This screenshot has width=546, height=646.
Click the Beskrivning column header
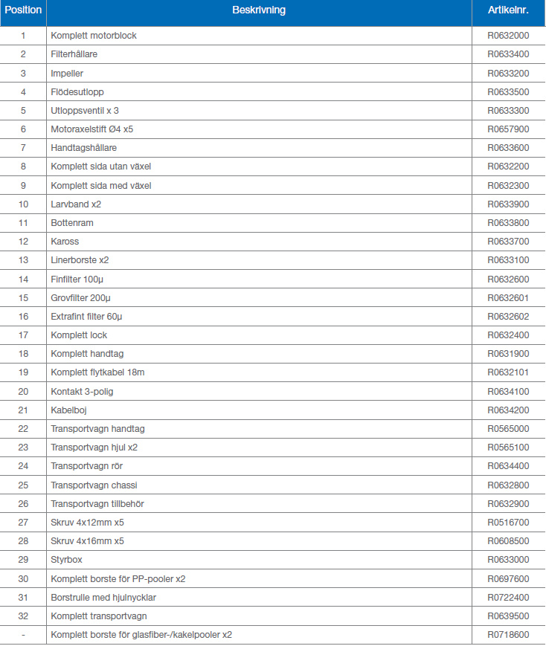coord(258,10)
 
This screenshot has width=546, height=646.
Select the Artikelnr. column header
coord(508,10)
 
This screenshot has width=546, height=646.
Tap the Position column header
coord(23,10)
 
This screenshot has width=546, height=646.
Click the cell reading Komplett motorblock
coord(94,36)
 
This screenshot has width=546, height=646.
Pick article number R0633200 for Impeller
coord(508,73)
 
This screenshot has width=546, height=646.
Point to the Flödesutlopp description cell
coord(77,91)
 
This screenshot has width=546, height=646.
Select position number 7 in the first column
coord(23,148)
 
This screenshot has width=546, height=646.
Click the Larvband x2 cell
coord(76,204)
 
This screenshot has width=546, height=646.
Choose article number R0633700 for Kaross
coord(508,242)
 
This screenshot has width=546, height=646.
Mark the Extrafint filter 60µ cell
coord(86,317)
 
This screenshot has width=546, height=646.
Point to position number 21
coord(23,410)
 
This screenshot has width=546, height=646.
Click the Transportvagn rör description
coord(87,466)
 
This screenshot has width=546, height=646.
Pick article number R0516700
coord(508,523)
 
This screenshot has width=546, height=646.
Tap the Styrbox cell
coord(67,560)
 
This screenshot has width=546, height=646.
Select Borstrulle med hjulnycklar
coord(103,598)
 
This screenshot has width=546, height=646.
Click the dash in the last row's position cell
coord(23,635)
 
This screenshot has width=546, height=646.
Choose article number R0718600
coord(508,635)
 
